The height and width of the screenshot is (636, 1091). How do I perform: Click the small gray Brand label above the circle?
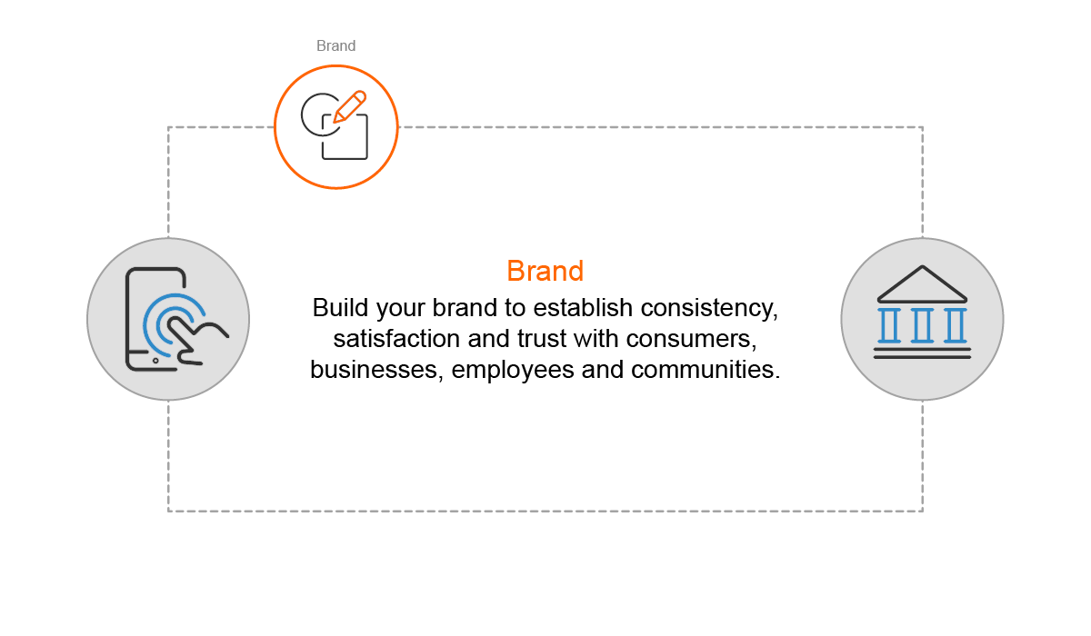[x=336, y=45]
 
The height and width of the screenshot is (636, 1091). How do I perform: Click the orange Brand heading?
[x=545, y=271]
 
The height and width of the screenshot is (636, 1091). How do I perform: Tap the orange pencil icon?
[x=350, y=106]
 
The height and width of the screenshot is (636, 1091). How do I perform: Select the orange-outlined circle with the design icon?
[x=336, y=127]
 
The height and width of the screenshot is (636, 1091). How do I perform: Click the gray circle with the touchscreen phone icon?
[x=168, y=319]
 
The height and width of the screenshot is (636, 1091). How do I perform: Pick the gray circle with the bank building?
[x=922, y=319]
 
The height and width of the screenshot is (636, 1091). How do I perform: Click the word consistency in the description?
[x=709, y=308]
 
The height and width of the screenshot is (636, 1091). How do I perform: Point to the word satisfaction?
[x=396, y=339]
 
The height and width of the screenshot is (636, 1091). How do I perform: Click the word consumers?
[x=692, y=339]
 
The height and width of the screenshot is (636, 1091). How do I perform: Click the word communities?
[x=706, y=370]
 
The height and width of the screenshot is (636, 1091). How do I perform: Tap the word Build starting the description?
[x=340, y=308]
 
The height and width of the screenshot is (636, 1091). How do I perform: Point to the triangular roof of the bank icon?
[x=922, y=284]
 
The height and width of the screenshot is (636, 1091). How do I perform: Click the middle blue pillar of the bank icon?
[x=922, y=325]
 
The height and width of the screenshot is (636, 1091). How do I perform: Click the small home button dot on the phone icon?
[x=155, y=361]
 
